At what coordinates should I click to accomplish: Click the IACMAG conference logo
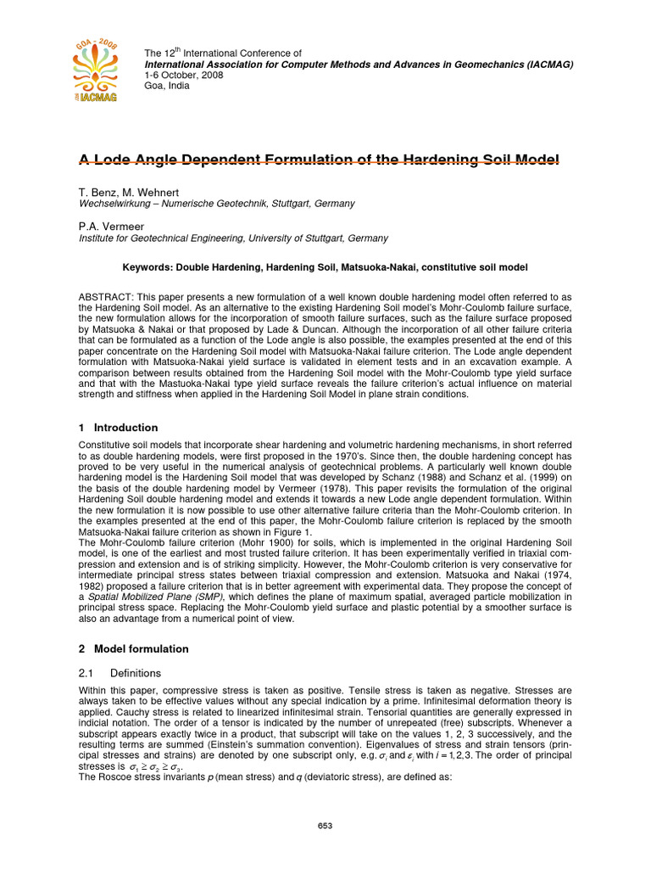95,70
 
